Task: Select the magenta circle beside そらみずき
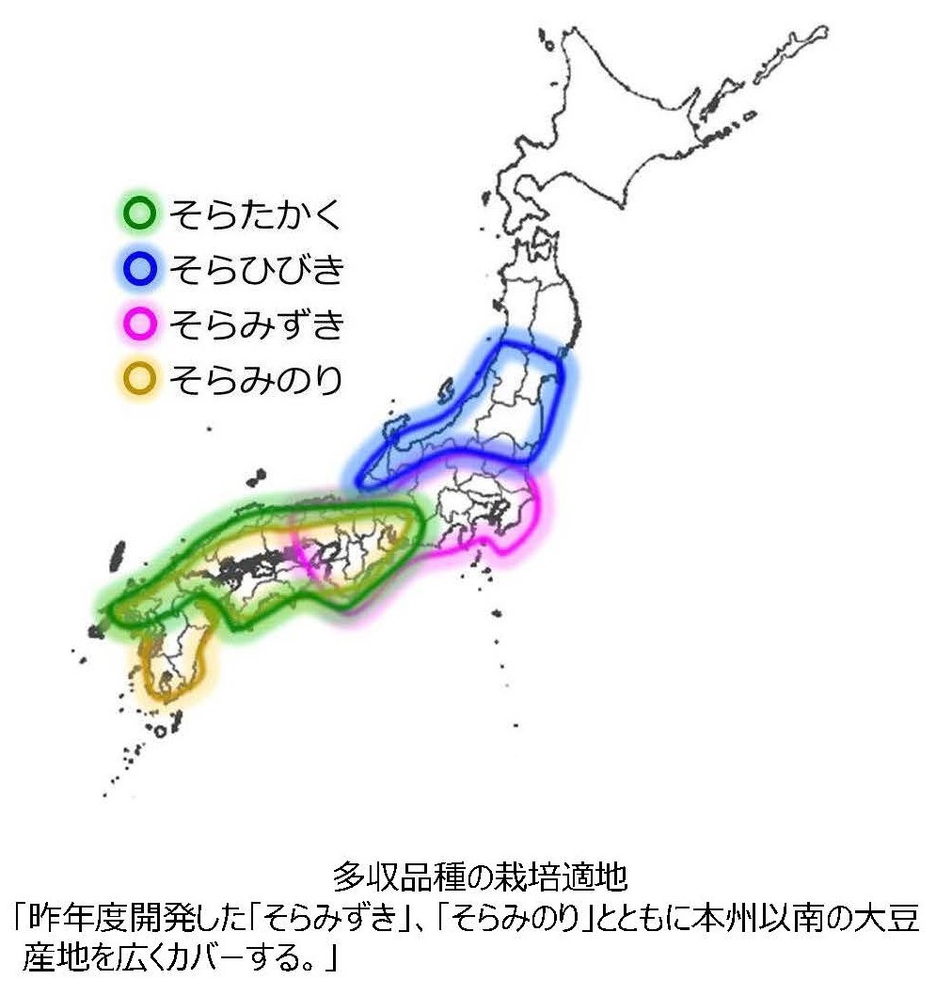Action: click(x=139, y=325)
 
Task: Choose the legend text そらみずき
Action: click(x=255, y=325)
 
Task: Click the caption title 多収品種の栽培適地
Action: click(x=480, y=879)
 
